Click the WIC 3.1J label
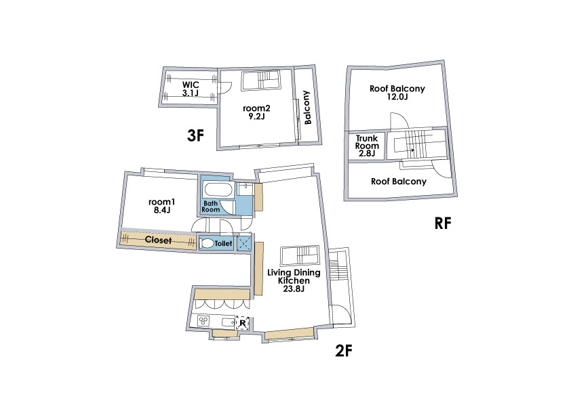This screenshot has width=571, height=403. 191,89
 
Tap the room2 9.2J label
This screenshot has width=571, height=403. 256,112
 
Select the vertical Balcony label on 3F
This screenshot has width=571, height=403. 307,107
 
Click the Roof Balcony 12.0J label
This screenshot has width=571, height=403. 397,92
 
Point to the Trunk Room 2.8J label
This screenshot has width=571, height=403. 367,146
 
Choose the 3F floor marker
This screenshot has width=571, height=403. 195,135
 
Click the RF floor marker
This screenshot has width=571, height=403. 443,224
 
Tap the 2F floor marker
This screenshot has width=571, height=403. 344,351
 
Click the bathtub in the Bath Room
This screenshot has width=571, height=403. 218,190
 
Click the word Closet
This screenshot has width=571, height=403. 158,240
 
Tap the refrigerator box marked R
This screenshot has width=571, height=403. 243,322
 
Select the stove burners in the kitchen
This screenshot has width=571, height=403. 203,321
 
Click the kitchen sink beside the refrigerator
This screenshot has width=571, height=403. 229,322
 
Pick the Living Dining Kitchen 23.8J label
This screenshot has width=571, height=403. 294,280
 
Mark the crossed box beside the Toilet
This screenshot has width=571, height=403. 243,243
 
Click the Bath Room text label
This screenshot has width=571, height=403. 211,207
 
